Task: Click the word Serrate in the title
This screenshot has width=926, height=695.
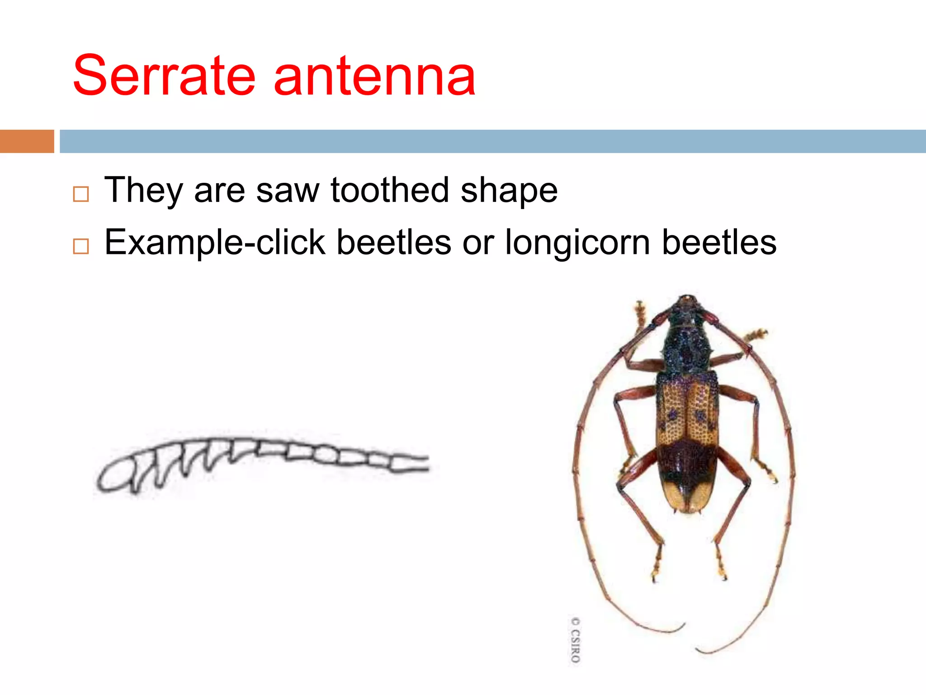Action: (164, 76)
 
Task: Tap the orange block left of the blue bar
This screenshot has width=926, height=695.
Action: (27, 141)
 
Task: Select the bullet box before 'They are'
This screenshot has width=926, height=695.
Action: (81, 194)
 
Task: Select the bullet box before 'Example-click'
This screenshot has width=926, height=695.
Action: (81, 247)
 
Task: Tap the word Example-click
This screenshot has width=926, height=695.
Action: (215, 243)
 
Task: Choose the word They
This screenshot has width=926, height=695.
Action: (143, 190)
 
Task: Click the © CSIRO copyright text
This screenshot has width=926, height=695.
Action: (575, 640)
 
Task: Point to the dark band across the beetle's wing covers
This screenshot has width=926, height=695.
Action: (687, 462)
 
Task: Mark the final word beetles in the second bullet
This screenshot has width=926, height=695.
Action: (719, 243)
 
